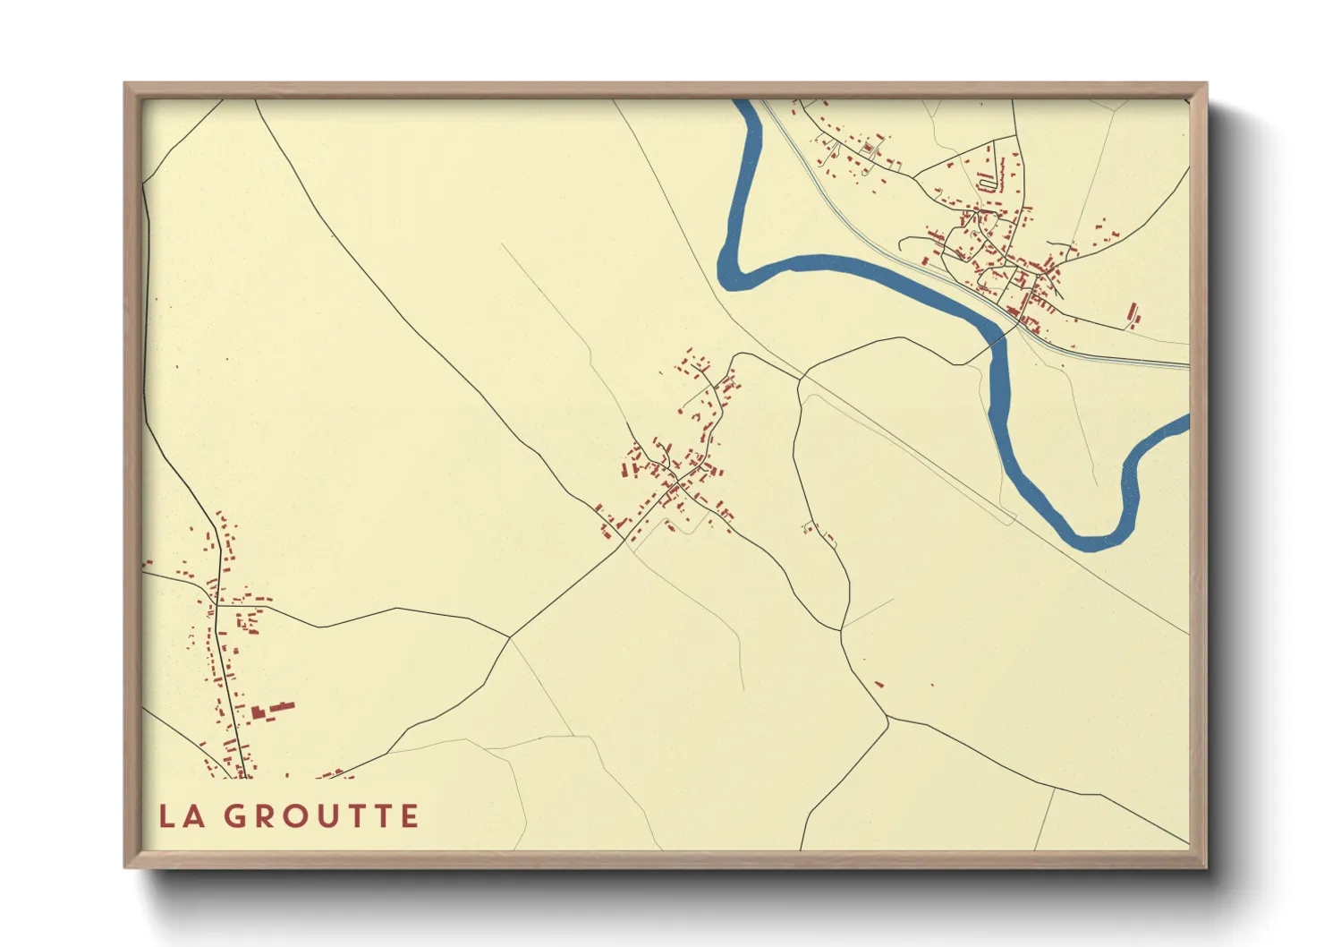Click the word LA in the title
click(x=181, y=816)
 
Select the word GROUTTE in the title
click(x=321, y=816)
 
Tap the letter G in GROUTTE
click(x=236, y=816)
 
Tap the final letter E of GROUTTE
click(x=410, y=816)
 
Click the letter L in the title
click(x=166, y=816)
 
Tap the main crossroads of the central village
click(x=677, y=485)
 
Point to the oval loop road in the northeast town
click(x=988, y=183)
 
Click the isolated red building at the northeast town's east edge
click(x=1133, y=315)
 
